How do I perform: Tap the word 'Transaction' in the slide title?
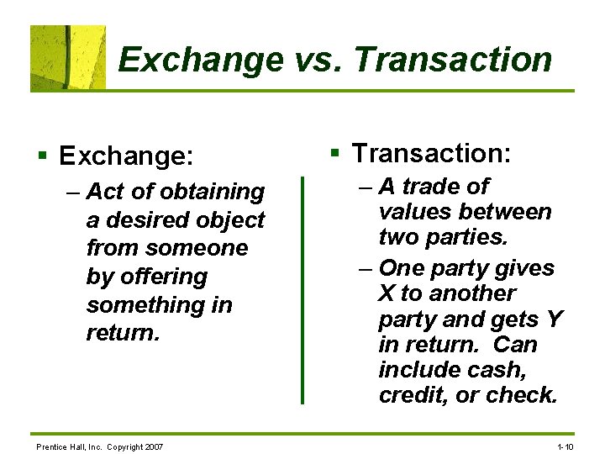(453, 61)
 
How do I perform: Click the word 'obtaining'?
(212, 193)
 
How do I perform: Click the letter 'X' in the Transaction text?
(387, 293)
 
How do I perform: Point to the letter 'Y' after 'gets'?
(554, 319)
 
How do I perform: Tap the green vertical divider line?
(302, 290)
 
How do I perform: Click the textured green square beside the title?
(68, 57)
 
